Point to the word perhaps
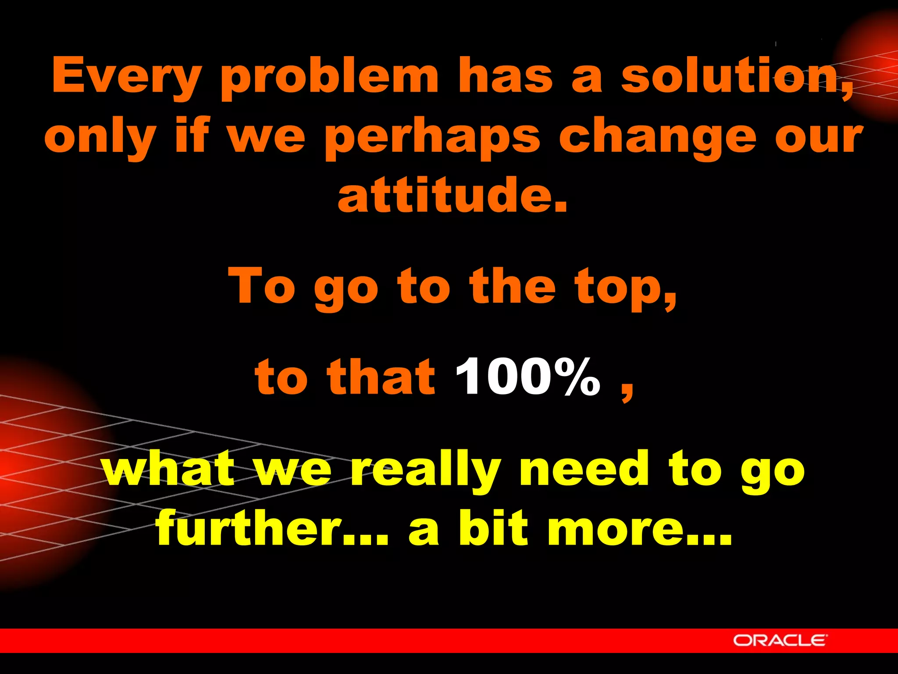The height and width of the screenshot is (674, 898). tap(432, 137)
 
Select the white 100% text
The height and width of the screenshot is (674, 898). tap(527, 376)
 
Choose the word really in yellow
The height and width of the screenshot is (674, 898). tap(425, 470)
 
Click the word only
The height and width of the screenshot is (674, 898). tap(100, 137)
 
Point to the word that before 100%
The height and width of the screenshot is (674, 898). tap(380, 376)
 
